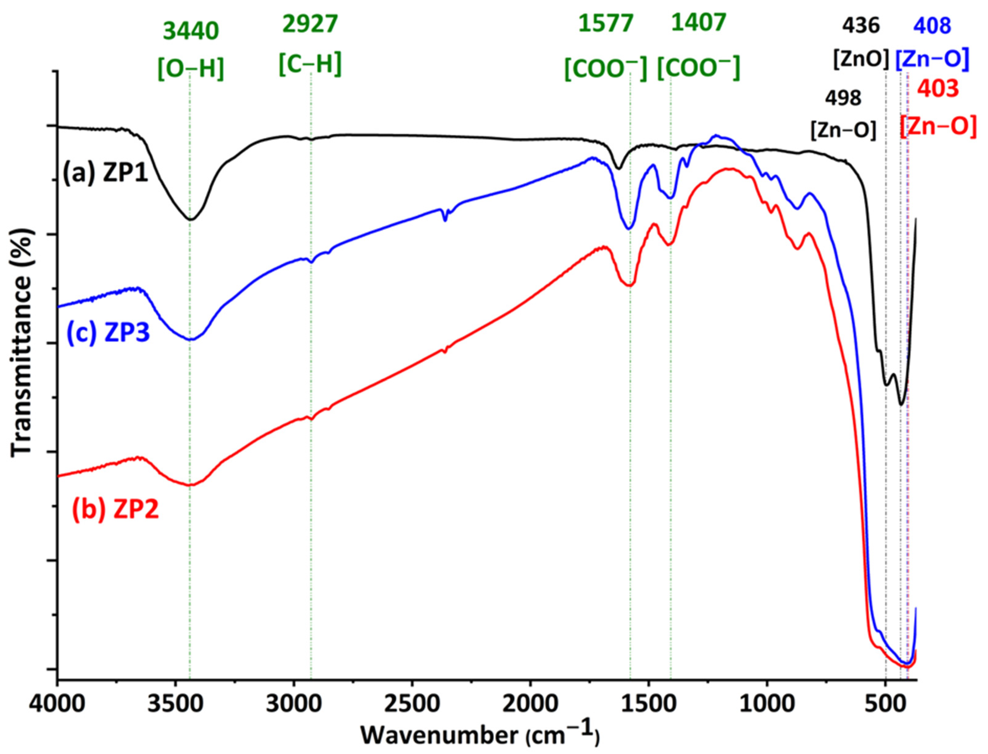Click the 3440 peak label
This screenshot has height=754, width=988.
190,32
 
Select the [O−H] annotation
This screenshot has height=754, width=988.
190,70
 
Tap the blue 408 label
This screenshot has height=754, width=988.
931,27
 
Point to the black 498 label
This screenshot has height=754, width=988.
843,98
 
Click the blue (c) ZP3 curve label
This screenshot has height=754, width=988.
108,334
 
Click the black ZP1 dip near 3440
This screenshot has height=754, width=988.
190,219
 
